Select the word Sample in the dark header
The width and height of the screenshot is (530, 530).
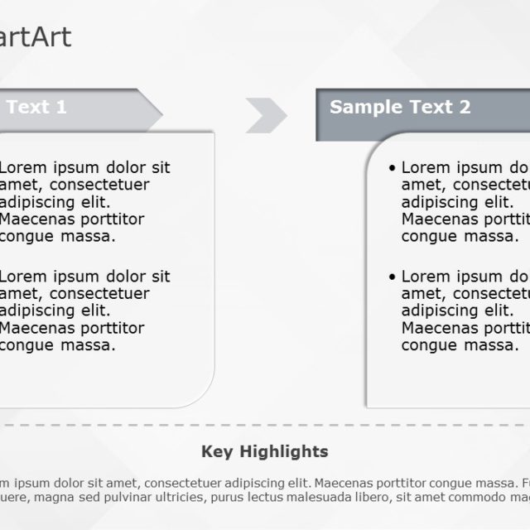point(365,107)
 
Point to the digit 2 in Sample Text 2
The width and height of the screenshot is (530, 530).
point(465,107)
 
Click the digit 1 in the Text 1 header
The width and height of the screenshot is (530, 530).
point(60,107)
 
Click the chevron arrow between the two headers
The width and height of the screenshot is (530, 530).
point(266,114)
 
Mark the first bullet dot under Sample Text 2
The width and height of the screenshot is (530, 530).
point(392,168)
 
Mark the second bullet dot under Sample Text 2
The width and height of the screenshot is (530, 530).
point(392,277)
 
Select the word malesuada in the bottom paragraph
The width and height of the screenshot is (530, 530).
point(325,497)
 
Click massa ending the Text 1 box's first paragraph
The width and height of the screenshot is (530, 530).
point(91,236)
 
